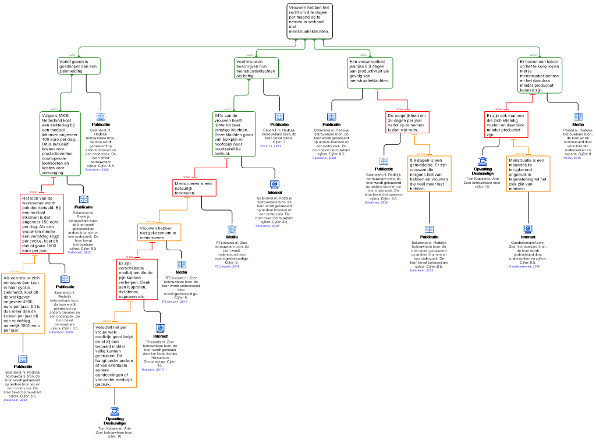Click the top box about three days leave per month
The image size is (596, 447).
[310, 22]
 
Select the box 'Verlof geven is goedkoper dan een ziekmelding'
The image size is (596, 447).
[79, 66]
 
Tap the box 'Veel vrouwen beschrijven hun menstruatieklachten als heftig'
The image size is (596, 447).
[256, 68]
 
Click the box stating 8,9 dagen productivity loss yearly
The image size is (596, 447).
[370, 73]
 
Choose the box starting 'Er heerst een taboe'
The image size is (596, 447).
[540, 75]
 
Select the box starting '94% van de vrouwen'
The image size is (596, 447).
[234, 134]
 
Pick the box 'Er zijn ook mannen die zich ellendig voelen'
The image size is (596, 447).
[506, 125]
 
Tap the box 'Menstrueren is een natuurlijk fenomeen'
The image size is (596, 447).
[194, 187]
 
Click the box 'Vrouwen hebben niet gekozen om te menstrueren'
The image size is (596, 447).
[159, 232]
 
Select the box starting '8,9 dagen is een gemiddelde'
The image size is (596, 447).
[430, 174]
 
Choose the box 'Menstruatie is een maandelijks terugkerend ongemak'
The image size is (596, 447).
[528, 174]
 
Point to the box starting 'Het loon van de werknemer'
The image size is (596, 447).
[41, 224]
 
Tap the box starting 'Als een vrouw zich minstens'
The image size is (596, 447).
[23, 304]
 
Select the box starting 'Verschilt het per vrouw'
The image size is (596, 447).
[115, 355]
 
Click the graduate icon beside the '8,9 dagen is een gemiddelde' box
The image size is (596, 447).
[483, 161]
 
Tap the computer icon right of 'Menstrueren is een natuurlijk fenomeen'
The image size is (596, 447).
[274, 185]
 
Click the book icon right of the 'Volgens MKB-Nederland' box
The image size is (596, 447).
[101, 117]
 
